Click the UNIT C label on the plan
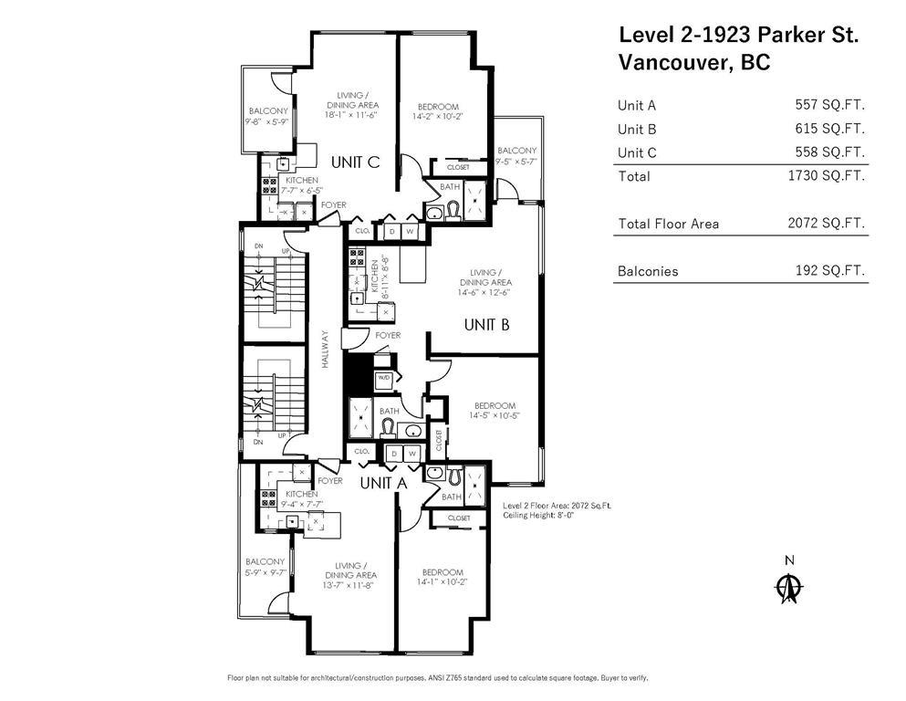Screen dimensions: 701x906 click(355, 162)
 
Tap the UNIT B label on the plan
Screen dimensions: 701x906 click(486, 324)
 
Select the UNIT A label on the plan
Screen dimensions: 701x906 click(382, 483)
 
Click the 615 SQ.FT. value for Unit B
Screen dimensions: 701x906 click(829, 129)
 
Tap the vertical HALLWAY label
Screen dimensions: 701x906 click(325, 349)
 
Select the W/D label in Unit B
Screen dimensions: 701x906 click(384, 378)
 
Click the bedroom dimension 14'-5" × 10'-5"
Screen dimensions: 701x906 click(495, 416)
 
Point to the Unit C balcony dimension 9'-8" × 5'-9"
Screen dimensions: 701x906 click(266, 121)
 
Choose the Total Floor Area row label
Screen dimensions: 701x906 click(668, 223)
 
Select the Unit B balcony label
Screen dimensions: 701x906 click(517, 151)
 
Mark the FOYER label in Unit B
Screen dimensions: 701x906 click(388, 336)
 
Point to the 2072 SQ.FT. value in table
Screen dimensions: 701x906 click(826, 223)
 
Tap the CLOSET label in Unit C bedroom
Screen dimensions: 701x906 click(458, 167)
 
